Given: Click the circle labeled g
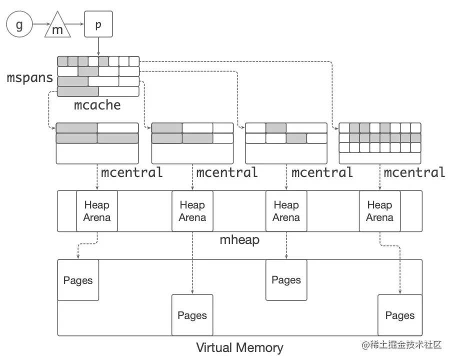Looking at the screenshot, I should coord(19,25).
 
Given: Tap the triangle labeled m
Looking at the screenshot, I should coord(57,28).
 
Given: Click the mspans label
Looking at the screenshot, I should coord(29,78).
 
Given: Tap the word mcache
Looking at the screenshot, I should coord(97,105).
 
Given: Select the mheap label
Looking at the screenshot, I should coord(240,240).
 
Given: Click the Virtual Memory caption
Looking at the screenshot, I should coord(239,347).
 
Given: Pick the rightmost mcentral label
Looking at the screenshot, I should coord(414,172).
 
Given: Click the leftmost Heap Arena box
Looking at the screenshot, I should coord(97,211).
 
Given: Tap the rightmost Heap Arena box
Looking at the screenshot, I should coord(379,211).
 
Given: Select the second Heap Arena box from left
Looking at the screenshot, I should coord(192,211).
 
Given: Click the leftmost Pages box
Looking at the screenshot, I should coord(78,280).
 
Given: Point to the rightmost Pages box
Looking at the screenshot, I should coord(399,315).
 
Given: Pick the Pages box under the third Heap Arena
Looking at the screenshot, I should coord(286,280).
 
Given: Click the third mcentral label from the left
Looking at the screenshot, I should coord(322,172).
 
